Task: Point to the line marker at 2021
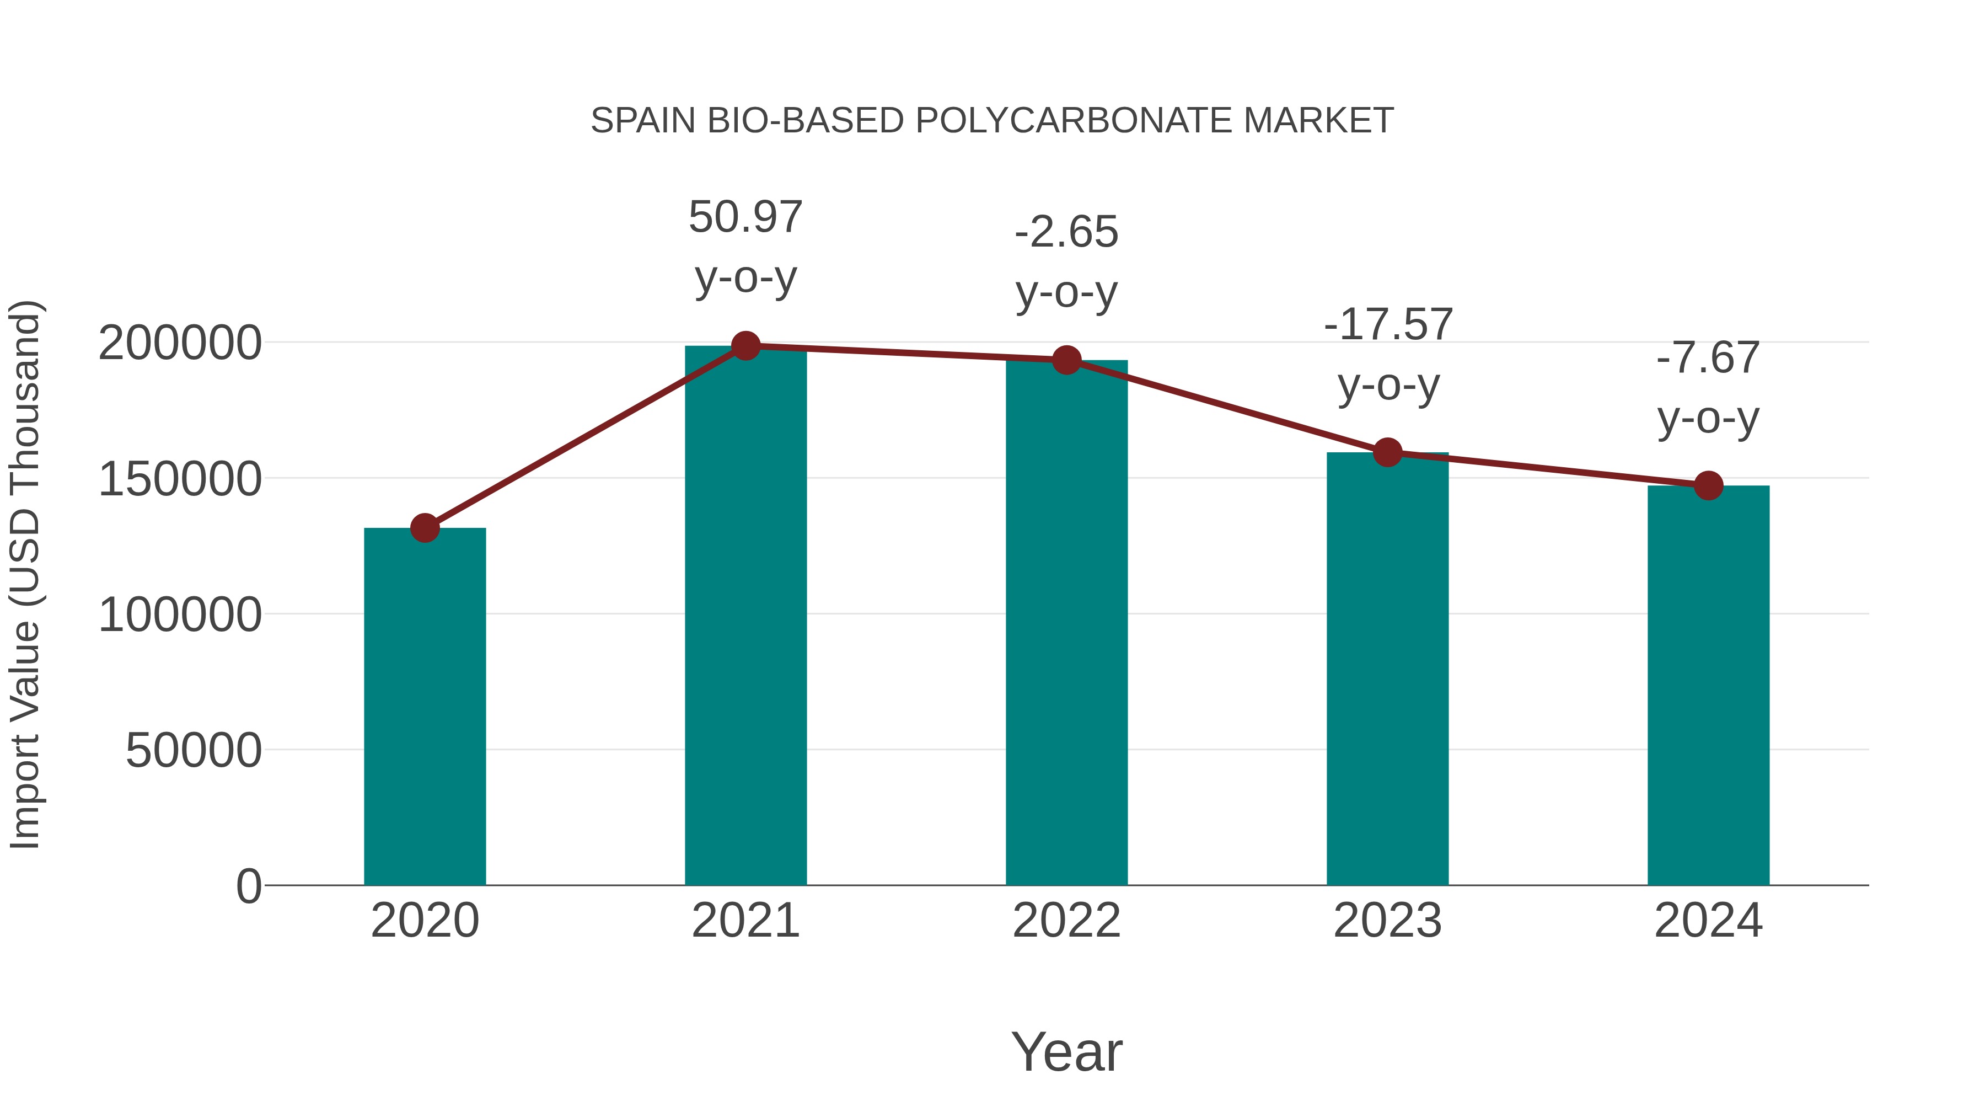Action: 745,346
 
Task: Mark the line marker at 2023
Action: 1387,452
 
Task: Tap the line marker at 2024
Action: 1708,485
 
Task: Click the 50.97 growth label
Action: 745,217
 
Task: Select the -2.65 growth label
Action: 1066,232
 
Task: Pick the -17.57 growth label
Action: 1388,324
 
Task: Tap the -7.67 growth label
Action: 1708,359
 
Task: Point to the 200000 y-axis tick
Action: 180,343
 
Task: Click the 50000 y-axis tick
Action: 194,750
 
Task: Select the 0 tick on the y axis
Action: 249,886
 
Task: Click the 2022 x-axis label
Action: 1066,921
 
